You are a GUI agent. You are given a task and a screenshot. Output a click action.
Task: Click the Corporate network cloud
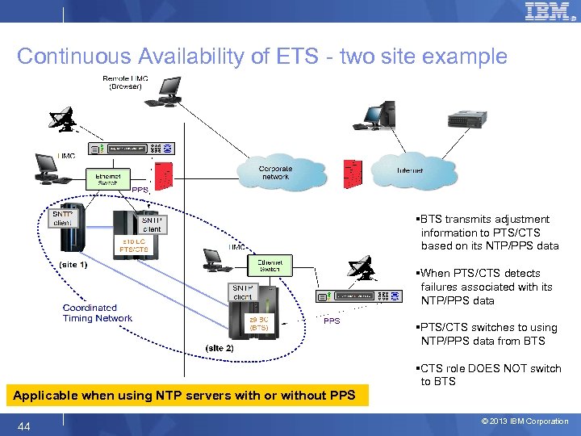[x=274, y=172]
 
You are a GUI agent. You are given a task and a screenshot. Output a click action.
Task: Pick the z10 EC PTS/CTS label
[x=135, y=245]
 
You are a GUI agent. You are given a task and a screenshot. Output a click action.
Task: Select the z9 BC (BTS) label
[x=258, y=324]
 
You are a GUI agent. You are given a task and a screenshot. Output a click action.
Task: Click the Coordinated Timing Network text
[x=97, y=313]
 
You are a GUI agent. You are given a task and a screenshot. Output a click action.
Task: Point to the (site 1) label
[x=73, y=264]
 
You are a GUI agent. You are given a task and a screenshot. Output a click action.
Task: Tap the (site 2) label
[x=219, y=348]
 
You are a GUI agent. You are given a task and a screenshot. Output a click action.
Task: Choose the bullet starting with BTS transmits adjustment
[x=484, y=233]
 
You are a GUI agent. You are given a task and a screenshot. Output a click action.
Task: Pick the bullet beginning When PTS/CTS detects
[x=484, y=287]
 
